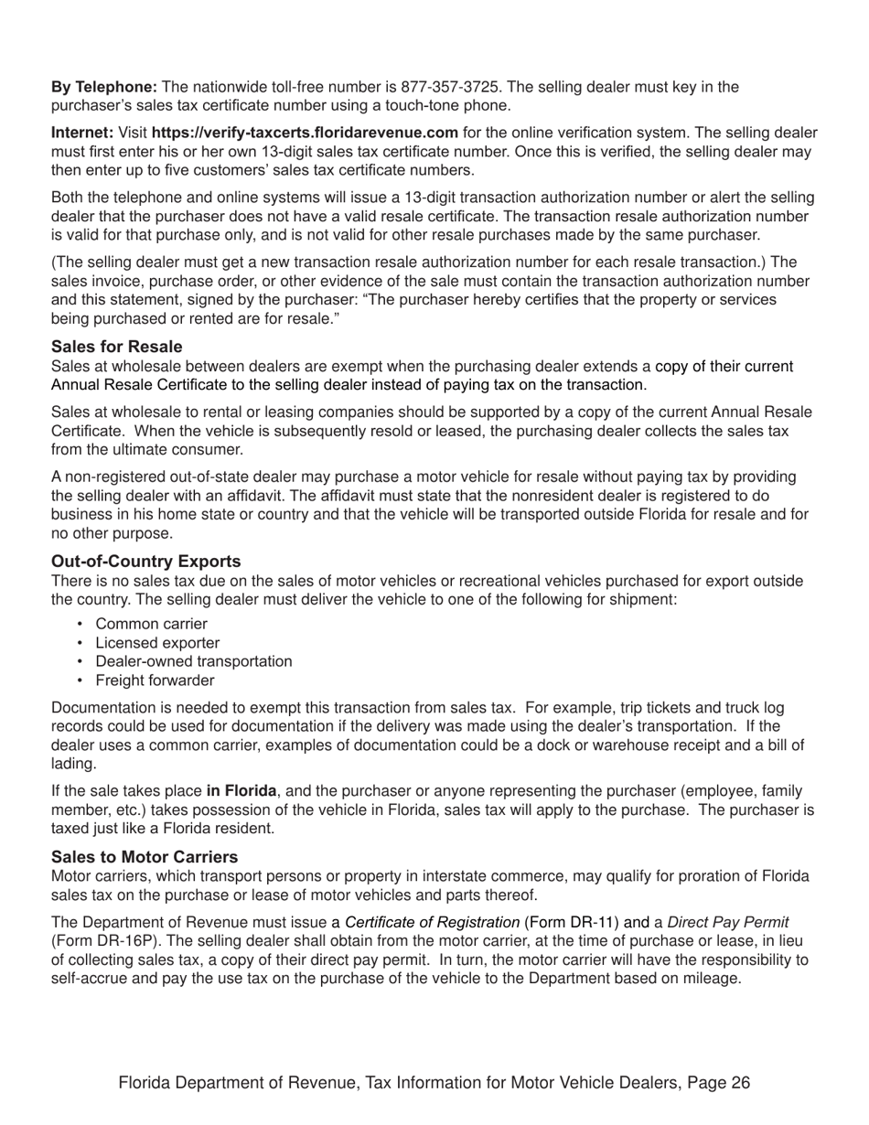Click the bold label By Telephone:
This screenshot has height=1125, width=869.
pyautogui.click(x=104, y=87)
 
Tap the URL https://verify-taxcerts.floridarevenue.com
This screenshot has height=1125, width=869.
pyautogui.click(x=305, y=132)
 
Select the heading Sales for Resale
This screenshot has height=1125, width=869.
pyautogui.click(x=116, y=347)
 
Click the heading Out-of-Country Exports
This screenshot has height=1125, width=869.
pyautogui.click(x=146, y=562)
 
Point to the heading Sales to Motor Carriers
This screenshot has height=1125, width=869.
pyautogui.click(x=145, y=856)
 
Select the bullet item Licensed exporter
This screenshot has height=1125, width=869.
pyautogui.click(x=157, y=643)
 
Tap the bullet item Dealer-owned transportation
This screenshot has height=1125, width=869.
pyautogui.click(x=194, y=661)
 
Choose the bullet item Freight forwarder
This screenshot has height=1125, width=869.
pyautogui.click(x=155, y=680)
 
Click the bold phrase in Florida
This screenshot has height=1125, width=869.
pyautogui.click(x=241, y=790)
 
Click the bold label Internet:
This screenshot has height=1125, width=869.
pyautogui.click(x=82, y=132)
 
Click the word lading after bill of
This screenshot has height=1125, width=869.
pyautogui.click(x=73, y=764)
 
